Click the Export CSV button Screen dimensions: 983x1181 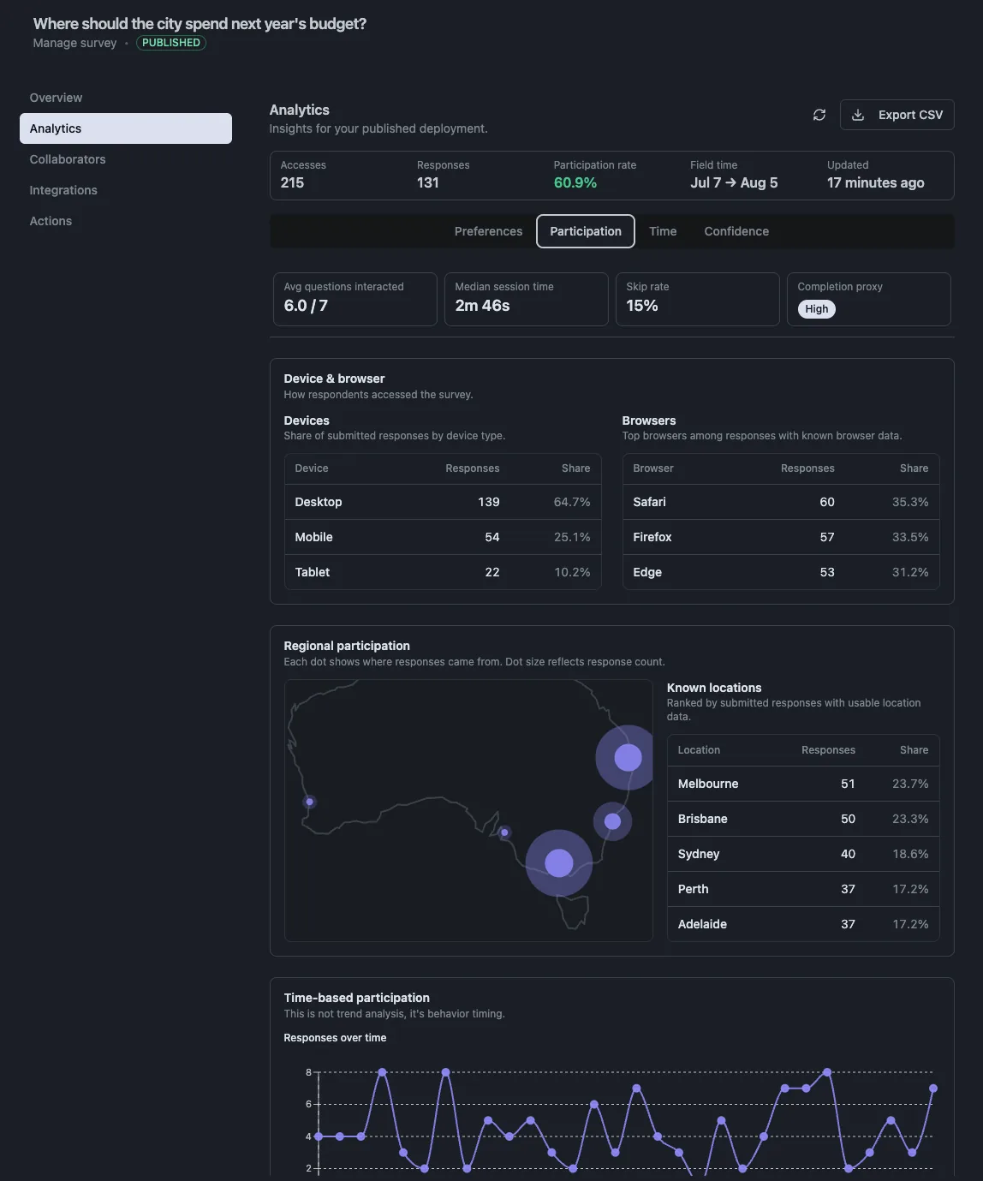coord(897,115)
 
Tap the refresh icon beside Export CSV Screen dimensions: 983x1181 coord(819,115)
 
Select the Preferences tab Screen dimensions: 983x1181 coord(488,231)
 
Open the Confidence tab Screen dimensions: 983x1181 coord(736,231)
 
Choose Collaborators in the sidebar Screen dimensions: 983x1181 coord(68,159)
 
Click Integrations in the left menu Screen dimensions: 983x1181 coord(63,190)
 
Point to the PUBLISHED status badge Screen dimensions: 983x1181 coord(170,43)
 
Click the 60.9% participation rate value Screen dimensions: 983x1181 coord(575,182)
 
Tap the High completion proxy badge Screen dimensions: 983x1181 coord(816,309)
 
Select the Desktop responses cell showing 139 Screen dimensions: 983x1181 coord(488,502)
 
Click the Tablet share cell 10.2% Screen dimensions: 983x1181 coord(572,572)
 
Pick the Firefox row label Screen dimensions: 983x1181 coord(652,537)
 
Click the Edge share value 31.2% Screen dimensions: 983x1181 coord(910,572)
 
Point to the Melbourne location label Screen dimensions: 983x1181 coord(708,784)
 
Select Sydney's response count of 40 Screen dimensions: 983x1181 coord(848,854)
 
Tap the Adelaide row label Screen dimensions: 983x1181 coord(702,923)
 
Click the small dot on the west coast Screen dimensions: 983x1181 coord(309,802)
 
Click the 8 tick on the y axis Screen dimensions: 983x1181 coord(308,1072)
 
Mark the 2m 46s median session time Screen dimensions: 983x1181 coord(482,306)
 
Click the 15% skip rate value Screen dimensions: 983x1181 coord(641,306)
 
